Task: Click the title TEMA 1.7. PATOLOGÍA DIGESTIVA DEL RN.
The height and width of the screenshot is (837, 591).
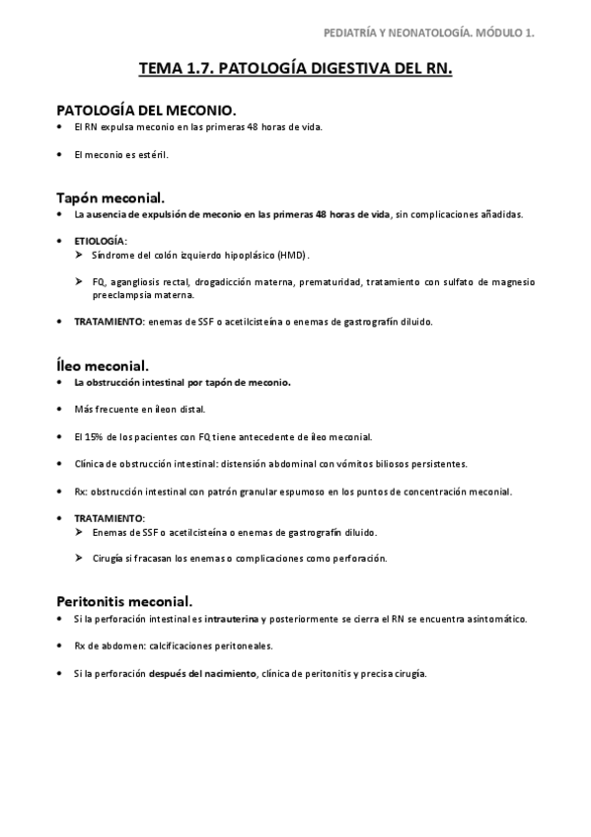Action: click(295, 70)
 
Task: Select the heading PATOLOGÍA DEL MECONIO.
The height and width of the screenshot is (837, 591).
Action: click(145, 110)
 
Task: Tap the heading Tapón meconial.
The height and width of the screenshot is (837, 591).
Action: click(111, 196)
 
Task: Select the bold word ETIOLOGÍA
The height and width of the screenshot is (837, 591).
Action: click(100, 241)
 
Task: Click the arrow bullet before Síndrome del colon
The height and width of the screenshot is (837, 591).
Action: click(81, 255)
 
